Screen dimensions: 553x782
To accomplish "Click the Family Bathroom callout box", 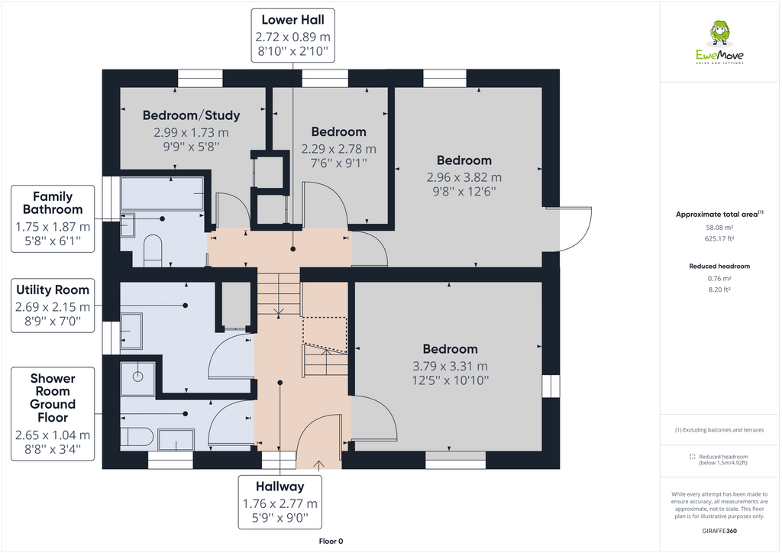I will coord(53,219).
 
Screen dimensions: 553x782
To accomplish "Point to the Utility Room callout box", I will coord(53,306).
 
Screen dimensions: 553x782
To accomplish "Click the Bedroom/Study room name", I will coord(191,115).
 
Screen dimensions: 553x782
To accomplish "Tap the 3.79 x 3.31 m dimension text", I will coord(450,366).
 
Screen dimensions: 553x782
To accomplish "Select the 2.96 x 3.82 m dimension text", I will coord(464,177).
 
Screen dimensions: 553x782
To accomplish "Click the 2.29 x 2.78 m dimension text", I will coord(338,149).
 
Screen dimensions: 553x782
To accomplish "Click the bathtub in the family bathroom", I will coord(162,194).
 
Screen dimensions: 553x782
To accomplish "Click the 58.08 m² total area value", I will coord(719,228).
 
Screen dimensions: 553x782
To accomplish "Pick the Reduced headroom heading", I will coord(719,266).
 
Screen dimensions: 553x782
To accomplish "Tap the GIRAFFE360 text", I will coord(719,530).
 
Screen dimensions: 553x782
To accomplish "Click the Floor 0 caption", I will coord(331,541).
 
